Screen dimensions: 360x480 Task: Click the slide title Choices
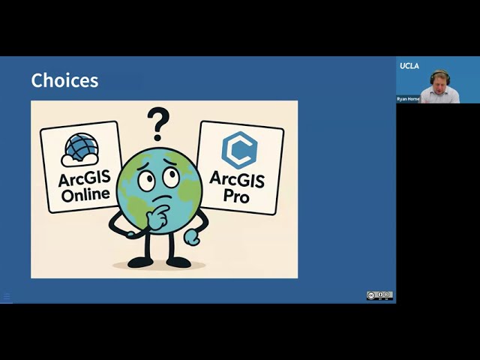[64, 80]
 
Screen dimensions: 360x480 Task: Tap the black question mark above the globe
[157, 122]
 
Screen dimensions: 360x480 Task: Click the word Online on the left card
[84, 194]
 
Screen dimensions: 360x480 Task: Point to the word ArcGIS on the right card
[238, 178]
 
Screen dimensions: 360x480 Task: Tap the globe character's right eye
[171, 178]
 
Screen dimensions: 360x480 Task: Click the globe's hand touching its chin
[158, 217]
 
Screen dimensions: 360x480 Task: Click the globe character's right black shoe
[178, 262]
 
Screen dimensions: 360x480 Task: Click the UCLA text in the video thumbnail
[409, 66]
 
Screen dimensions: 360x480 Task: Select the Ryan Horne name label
[409, 99]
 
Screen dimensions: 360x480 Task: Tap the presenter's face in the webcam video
[439, 83]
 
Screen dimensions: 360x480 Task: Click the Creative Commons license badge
[379, 295]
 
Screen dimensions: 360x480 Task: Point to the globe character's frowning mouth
[163, 197]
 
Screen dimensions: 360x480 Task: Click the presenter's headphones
[439, 73]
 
